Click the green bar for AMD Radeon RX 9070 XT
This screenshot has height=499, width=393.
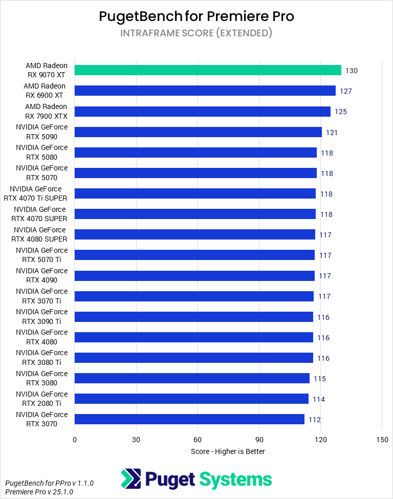(208, 70)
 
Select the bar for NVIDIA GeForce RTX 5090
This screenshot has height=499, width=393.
(198, 132)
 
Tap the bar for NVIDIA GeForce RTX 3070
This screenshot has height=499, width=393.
(189, 419)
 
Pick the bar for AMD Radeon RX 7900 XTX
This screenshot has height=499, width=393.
(202, 112)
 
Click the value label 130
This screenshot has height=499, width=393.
(352, 71)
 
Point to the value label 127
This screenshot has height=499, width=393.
(346, 91)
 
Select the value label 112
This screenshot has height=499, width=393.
(314, 420)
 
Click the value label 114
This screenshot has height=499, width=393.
(319, 399)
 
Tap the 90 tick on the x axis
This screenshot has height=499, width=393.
(259, 440)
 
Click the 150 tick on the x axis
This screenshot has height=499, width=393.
(382, 440)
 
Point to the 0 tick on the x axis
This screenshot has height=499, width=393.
(75, 440)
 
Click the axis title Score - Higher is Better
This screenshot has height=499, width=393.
(228, 451)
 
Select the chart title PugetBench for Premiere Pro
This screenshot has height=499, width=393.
(196, 16)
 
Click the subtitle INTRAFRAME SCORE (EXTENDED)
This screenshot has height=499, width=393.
(196, 33)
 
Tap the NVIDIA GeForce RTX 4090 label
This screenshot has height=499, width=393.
(41, 275)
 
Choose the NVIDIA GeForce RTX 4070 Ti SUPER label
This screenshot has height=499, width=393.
(38, 193)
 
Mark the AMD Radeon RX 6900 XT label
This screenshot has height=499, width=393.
(45, 91)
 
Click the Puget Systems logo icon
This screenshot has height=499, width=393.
(130, 479)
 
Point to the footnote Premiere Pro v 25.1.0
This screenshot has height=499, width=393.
(39, 491)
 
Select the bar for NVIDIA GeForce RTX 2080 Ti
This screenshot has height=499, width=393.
(191, 399)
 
